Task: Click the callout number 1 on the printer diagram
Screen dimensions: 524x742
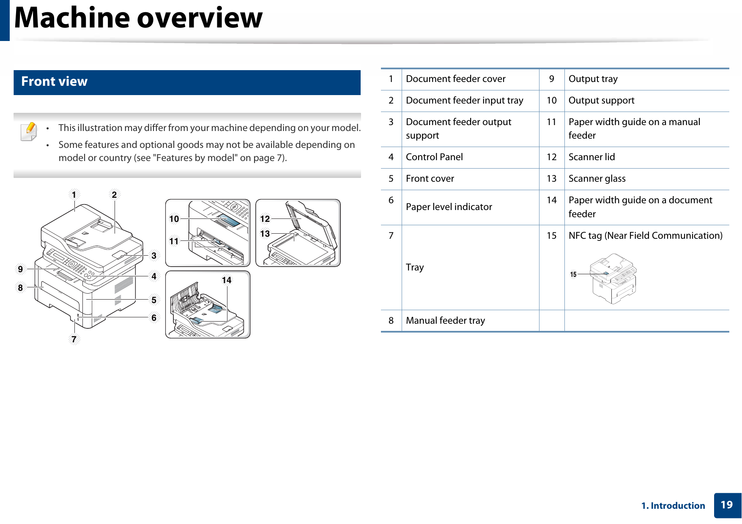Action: (x=74, y=195)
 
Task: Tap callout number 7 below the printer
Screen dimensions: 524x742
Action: (x=74, y=339)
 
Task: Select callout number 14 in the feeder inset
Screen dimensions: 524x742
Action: (x=227, y=280)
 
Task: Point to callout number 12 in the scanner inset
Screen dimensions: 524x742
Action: (x=265, y=219)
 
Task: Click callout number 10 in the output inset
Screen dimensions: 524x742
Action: (x=174, y=219)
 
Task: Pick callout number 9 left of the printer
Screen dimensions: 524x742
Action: (x=20, y=269)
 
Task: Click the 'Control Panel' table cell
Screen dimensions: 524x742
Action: (x=434, y=157)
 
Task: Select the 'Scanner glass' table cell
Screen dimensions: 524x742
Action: (x=597, y=179)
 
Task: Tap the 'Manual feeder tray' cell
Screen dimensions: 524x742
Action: (x=445, y=321)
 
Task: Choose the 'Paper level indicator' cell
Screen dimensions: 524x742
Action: (x=449, y=207)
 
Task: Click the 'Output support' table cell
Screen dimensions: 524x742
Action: (x=601, y=101)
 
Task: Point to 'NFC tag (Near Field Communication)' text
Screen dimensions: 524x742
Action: (x=645, y=236)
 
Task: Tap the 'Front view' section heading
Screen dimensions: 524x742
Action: (x=55, y=82)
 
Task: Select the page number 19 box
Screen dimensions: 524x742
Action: (x=727, y=505)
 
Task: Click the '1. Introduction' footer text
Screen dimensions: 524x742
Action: (x=673, y=506)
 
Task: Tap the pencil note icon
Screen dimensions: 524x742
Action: (x=29, y=131)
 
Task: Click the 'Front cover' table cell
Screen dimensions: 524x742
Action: (x=430, y=179)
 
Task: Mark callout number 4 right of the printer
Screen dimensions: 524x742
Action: (x=154, y=276)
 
